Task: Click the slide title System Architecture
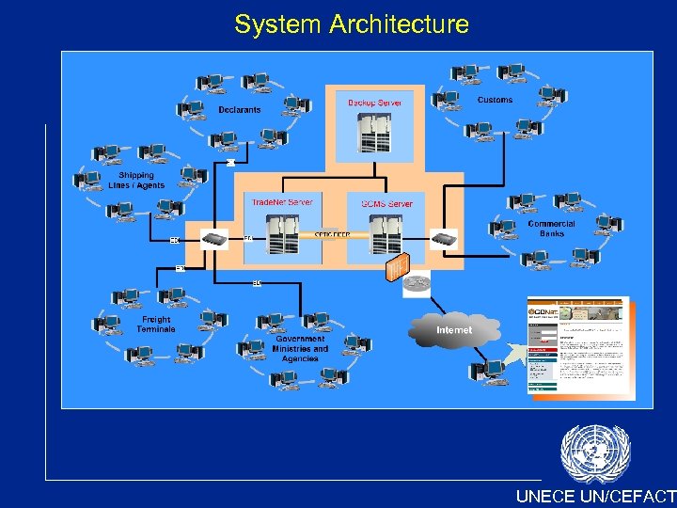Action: click(352, 24)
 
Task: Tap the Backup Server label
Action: click(374, 103)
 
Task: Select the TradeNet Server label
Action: click(282, 202)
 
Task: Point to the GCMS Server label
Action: click(386, 203)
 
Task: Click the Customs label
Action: click(496, 100)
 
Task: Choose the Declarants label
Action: click(240, 110)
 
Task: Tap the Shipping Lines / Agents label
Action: click(136, 181)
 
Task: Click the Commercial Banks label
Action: click(551, 229)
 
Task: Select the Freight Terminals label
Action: click(156, 325)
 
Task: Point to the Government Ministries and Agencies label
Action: click(301, 349)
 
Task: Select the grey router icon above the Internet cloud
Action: click(417, 283)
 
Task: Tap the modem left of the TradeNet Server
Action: click(215, 239)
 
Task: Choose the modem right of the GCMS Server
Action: click(443, 238)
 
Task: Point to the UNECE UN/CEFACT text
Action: click(595, 497)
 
